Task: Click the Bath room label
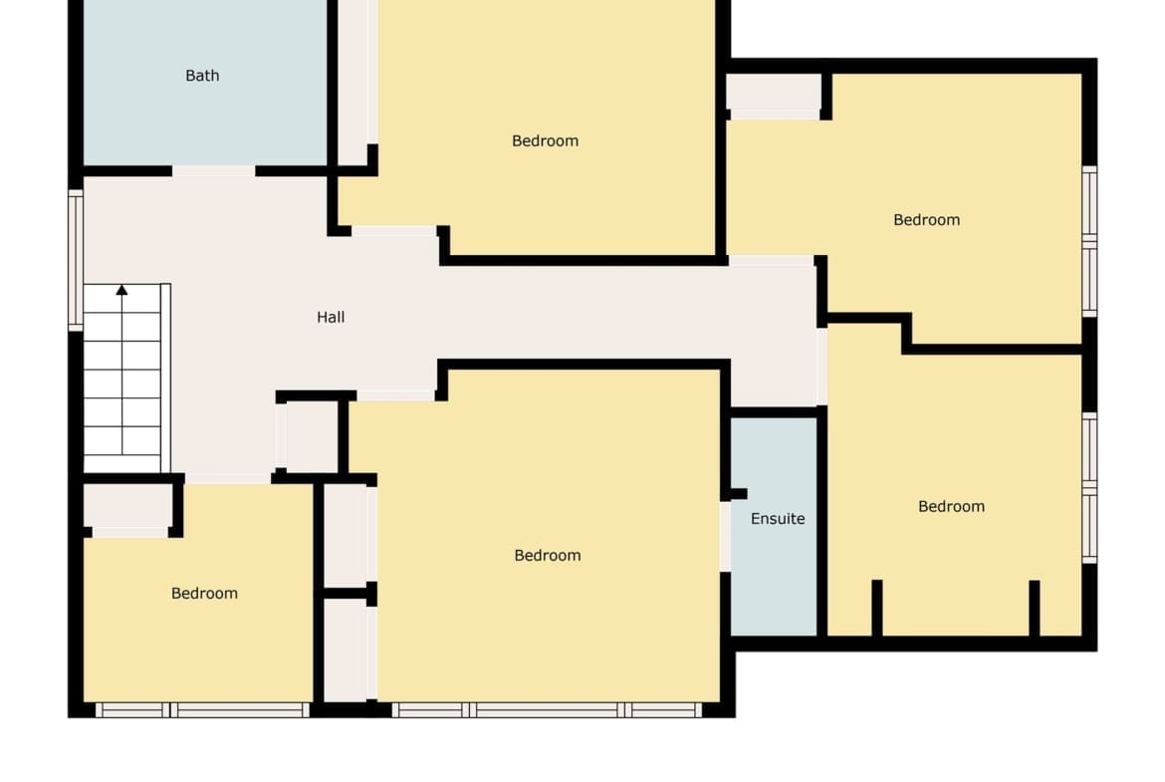[x=202, y=76]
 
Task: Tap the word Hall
[x=331, y=318]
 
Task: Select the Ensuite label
[x=778, y=519]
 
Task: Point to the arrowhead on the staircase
[x=121, y=290]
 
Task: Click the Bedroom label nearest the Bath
[x=546, y=141]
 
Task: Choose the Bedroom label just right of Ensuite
[x=952, y=507]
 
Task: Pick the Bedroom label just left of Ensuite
[x=548, y=555]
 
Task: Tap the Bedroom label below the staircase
[x=204, y=593]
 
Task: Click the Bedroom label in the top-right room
[x=926, y=220]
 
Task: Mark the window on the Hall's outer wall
[x=76, y=260]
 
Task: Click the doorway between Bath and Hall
[x=214, y=171]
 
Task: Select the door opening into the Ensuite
[x=725, y=536]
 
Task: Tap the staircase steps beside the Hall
[x=121, y=379]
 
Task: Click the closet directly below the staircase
[x=128, y=507]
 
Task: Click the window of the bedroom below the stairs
[x=202, y=710]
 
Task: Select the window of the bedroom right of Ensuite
[x=1089, y=488]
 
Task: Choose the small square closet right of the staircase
[x=312, y=435]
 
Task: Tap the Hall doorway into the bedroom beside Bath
[x=393, y=231]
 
